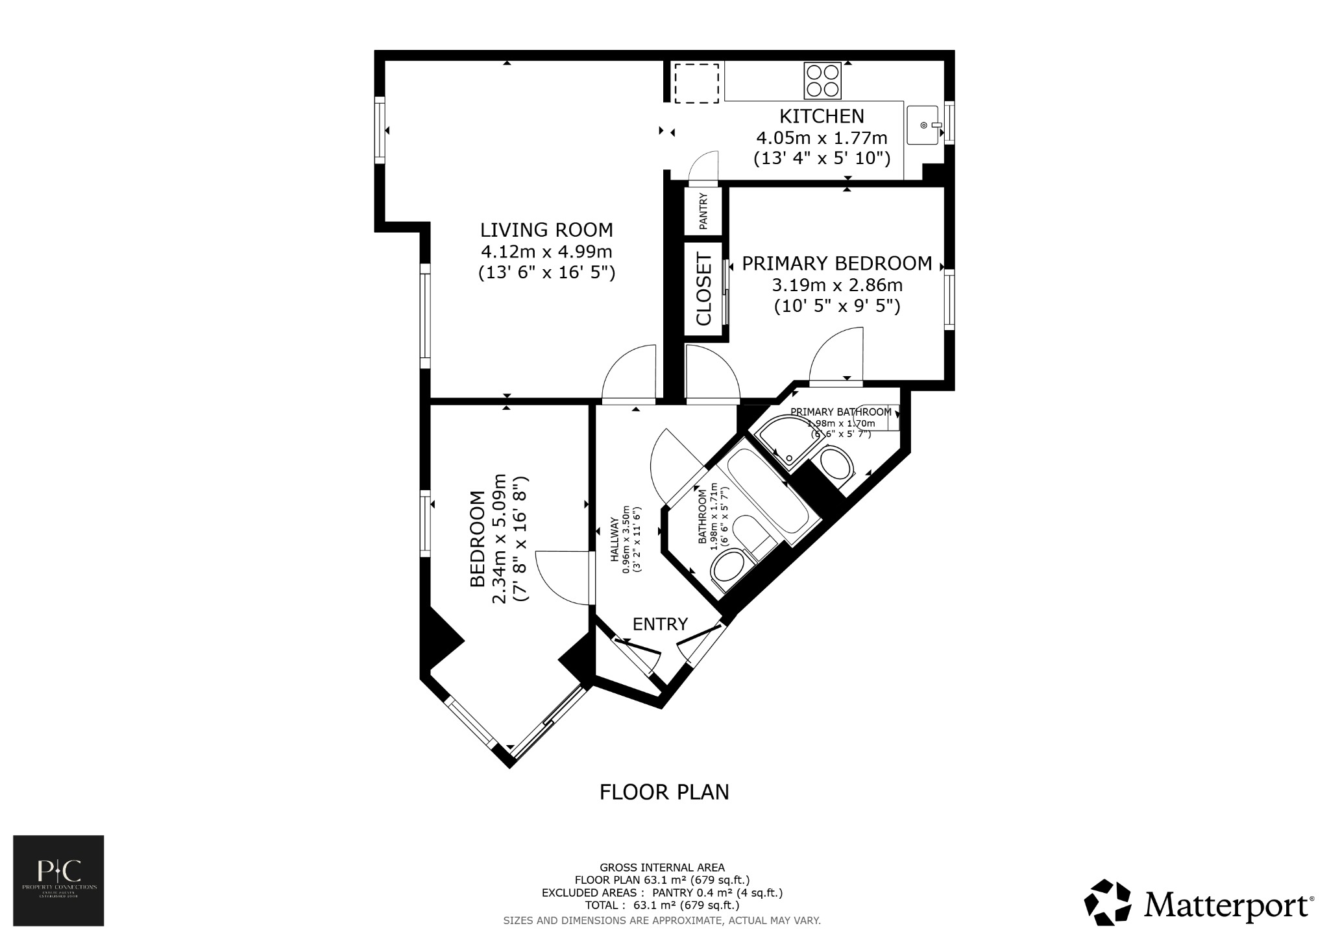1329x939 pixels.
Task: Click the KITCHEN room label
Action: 822,116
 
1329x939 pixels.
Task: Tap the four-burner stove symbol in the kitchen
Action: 822,80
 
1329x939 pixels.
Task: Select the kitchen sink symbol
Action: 923,125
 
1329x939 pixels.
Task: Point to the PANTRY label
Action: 703,212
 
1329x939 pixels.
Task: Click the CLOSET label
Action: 704,289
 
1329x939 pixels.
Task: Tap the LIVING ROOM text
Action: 546,230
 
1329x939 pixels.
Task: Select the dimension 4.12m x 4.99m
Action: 546,251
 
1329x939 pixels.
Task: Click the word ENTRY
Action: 660,624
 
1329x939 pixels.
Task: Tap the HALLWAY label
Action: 613,538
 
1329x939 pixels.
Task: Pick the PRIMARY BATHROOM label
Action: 840,412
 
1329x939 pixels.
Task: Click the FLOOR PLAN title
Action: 664,792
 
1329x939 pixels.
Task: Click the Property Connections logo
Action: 58,880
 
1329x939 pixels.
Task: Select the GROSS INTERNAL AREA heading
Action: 662,867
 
